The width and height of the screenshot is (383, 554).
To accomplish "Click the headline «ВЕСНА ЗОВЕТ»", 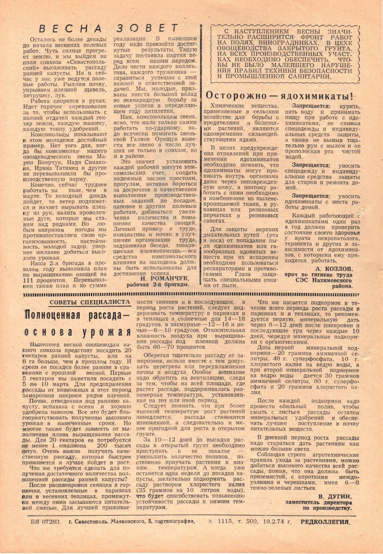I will [109, 28].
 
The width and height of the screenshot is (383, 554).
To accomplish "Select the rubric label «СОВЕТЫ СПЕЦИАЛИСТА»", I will [90, 302].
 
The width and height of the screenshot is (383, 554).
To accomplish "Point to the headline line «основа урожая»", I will [77, 331].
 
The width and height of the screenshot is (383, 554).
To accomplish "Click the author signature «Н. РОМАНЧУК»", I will [169, 278].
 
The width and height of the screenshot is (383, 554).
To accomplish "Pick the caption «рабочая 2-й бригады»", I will [158, 285].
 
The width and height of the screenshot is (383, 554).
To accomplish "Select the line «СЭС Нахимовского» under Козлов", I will [326, 281].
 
